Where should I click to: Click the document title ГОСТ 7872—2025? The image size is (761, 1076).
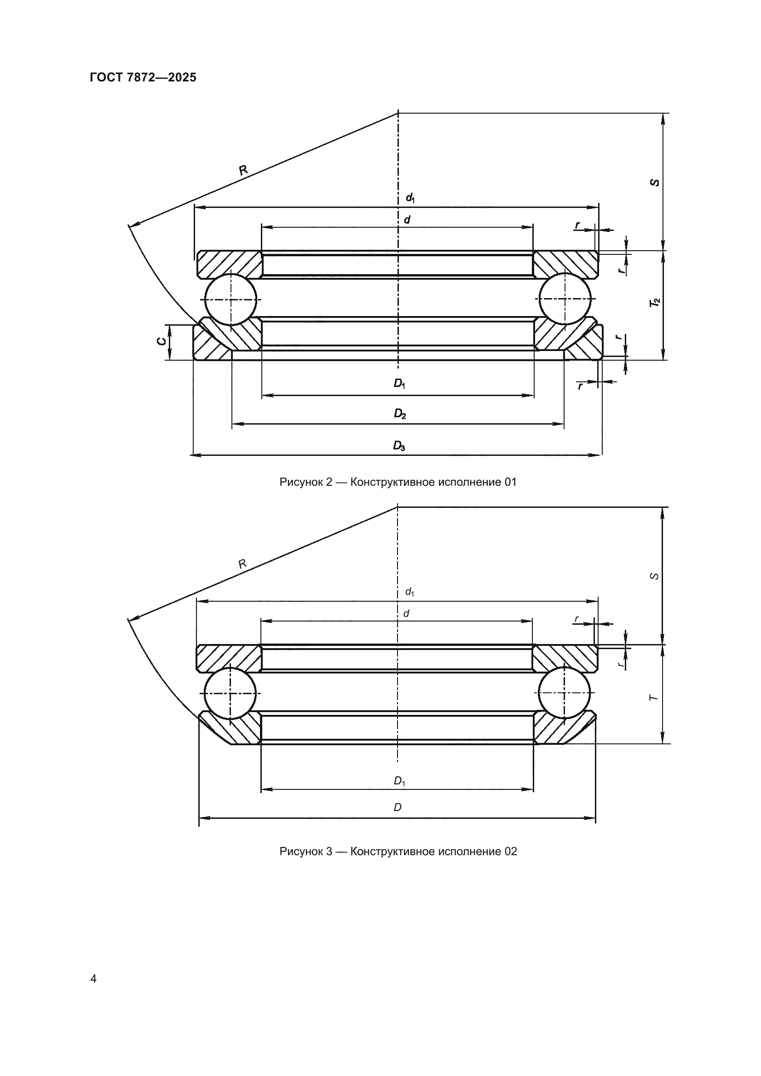(143, 78)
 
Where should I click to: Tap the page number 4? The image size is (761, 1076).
(93, 978)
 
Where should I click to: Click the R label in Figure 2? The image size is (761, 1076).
(243, 170)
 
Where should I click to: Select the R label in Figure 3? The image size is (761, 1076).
(242, 564)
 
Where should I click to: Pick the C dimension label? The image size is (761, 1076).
(161, 342)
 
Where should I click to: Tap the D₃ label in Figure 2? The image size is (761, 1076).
(399, 446)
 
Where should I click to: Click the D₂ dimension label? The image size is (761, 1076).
(399, 414)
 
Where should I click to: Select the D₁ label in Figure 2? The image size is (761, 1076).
(399, 383)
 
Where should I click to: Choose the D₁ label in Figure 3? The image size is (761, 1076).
(399, 781)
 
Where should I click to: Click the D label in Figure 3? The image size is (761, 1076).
(398, 807)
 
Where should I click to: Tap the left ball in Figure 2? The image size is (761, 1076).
(231, 299)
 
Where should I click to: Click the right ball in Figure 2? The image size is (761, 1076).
(565, 299)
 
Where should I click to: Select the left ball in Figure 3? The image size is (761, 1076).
(230, 693)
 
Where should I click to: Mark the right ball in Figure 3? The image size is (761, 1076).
(565, 693)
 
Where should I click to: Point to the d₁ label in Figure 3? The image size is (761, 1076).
(409, 593)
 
